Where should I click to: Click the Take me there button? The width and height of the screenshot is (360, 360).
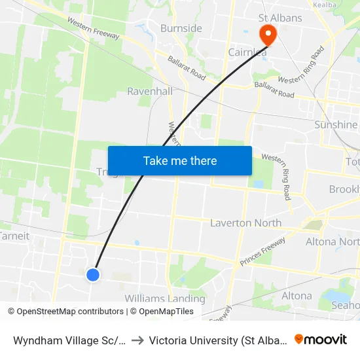[180, 161]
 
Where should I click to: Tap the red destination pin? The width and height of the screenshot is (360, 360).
[268, 33]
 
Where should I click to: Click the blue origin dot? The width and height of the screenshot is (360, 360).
[93, 275]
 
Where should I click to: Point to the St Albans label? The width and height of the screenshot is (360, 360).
[280, 18]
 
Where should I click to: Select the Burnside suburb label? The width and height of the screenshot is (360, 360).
[181, 29]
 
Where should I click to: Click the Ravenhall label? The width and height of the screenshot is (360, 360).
[150, 91]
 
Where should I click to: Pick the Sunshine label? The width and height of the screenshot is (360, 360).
[336, 124]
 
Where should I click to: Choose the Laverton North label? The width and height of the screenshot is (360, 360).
[245, 223]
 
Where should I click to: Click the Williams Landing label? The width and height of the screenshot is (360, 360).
[165, 298]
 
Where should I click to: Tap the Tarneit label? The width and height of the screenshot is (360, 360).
[12, 236]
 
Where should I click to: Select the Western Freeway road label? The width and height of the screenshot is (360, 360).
[94, 28]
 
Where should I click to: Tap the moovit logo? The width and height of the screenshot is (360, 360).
[321, 339]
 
